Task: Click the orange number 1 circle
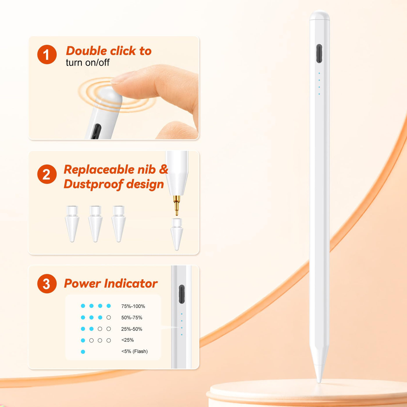(x=47, y=54)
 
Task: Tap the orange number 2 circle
(x=47, y=174)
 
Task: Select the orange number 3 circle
(x=47, y=284)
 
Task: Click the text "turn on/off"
(x=88, y=63)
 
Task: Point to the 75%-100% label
(x=133, y=306)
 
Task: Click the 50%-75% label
(x=132, y=318)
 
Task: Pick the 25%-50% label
(x=132, y=329)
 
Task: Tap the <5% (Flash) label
(x=135, y=351)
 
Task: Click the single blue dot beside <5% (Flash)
(x=83, y=352)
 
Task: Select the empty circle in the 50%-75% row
(x=108, y=317)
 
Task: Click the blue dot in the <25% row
(x=83, y=340)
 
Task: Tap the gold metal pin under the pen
(x=177, y=205)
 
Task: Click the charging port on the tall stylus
(x=319, y=53)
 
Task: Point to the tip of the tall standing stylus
(x=319, y=383)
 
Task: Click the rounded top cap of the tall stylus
(x=319, y=15)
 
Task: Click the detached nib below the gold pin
(x=176, y=234)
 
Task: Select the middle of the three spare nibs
(x=95, y=224)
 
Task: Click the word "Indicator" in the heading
(x=131, y=283)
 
